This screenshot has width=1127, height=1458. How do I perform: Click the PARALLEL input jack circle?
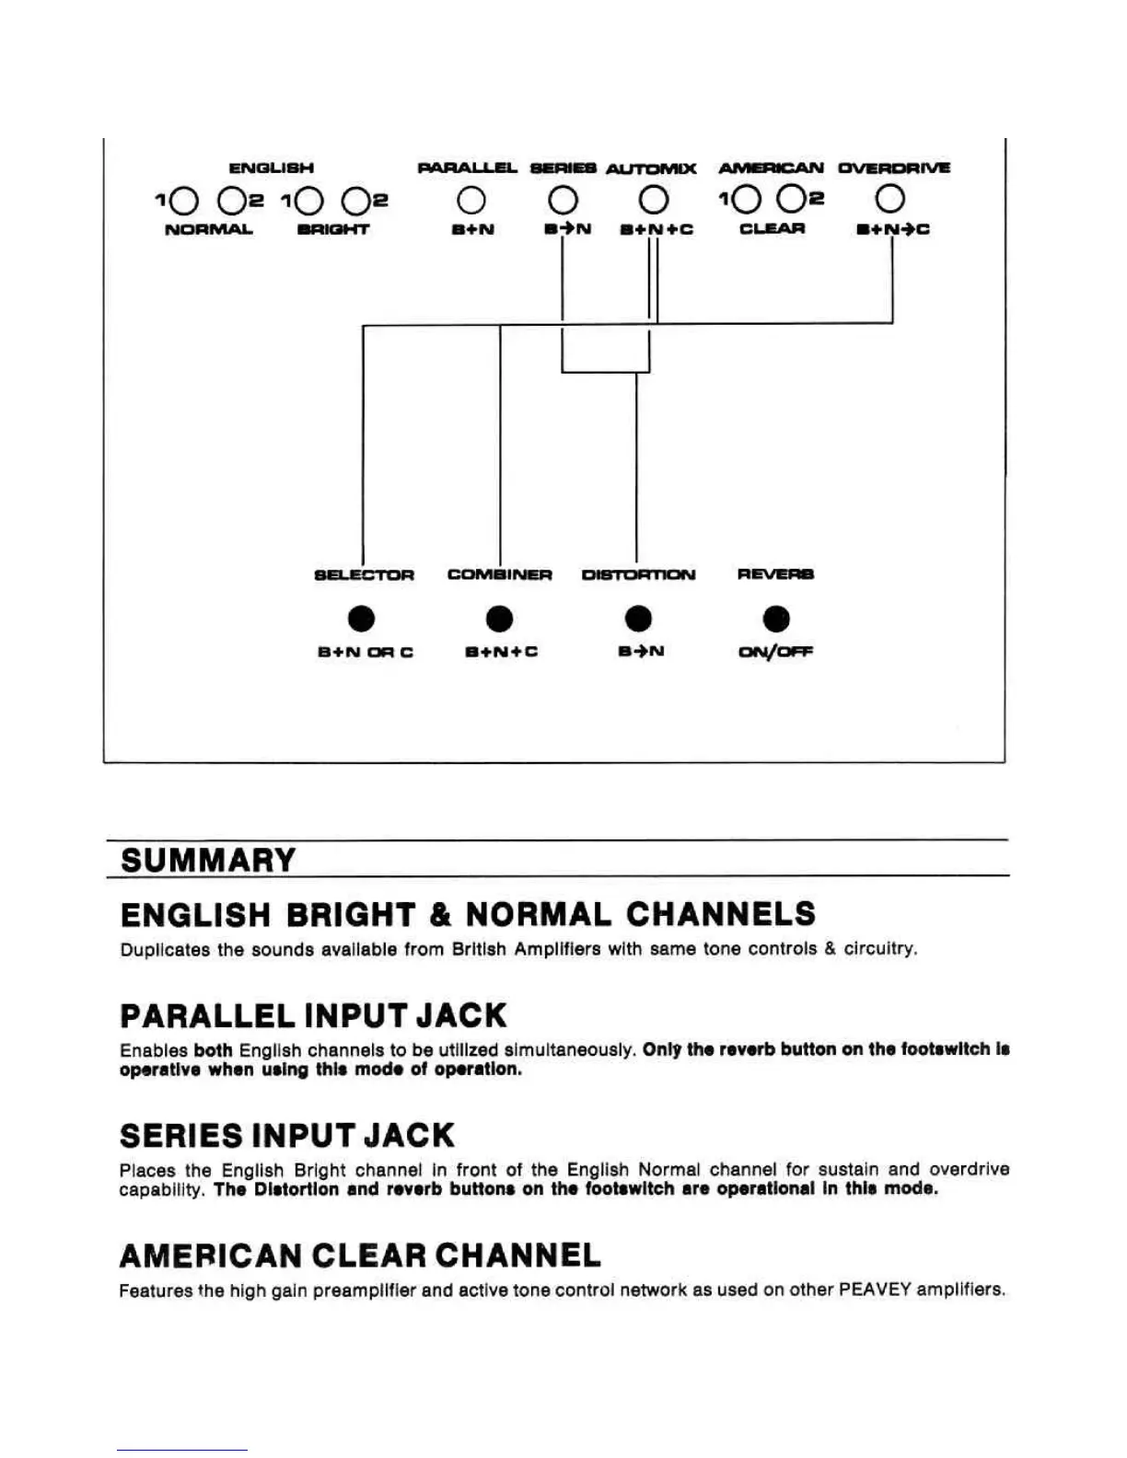(x=471, y=200)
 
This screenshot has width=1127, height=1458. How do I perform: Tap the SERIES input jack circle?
(x=563, y=200)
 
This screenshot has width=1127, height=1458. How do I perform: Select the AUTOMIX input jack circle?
(x=654, y=200)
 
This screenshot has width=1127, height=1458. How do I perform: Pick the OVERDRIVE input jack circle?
(x=890, y=199)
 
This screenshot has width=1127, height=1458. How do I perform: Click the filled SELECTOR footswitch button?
(x=362, y=619)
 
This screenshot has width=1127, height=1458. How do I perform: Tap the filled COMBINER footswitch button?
(x=499, y=619)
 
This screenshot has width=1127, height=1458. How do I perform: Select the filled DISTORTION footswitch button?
(x=637, y=619)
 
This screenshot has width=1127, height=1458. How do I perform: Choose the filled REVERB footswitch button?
(x=776, y=619)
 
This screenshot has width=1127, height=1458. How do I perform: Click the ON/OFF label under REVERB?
(x=775, y=652)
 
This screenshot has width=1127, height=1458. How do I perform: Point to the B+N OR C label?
(x=365, y=652)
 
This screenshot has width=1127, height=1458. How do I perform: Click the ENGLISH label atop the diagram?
(x=272, y=168)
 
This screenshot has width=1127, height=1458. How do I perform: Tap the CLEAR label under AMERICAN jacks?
(x=772, y=228)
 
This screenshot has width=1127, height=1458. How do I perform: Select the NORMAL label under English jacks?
(x=208, y=229)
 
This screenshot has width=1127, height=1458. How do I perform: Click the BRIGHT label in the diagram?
(x=332, y=229)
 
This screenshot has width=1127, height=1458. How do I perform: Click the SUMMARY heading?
(x=208, y=861)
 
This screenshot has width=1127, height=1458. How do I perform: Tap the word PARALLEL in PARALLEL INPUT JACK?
(x=207, y=1016)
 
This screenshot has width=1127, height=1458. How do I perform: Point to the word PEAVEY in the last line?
(x=874, y=1290)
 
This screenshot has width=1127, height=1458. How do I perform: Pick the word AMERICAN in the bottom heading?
(x=211, y=1255)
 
